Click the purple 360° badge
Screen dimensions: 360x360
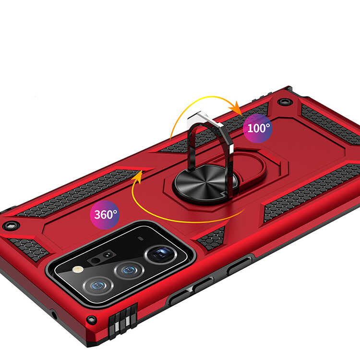point(105,215)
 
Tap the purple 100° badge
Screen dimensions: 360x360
point(258,128)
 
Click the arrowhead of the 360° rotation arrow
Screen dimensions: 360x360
point(138,177)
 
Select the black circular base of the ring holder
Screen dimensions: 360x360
point(205,183)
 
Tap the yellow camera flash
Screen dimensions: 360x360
point(78,269)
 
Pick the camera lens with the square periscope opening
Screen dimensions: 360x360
point(161,254)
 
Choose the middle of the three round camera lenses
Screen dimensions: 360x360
point(129,270)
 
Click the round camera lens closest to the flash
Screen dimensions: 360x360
point(98,286)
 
